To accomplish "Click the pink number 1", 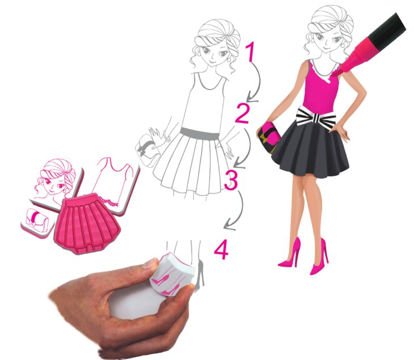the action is [250, 52].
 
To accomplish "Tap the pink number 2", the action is [242, 113].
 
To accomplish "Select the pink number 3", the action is [231, 180].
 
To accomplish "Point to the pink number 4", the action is [221, 249].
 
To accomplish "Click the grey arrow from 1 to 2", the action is [259, 82].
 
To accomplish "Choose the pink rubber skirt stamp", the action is [87, 223].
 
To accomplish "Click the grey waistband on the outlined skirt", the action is [200, 133].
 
